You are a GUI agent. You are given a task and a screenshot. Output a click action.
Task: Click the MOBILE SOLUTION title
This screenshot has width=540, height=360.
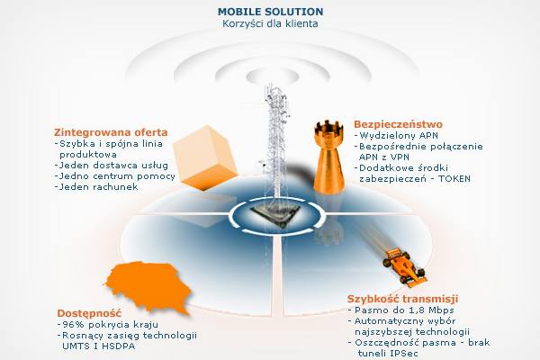270,12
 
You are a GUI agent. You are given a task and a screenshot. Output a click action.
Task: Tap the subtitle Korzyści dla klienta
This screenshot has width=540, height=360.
270,23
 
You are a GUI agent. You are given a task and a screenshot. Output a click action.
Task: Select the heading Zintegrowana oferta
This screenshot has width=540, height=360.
111,132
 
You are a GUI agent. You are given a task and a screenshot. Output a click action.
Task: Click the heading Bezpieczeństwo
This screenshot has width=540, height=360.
398,124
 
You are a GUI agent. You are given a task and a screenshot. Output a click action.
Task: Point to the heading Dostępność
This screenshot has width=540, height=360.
89,313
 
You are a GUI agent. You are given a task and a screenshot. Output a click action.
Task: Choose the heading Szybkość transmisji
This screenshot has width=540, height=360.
402,299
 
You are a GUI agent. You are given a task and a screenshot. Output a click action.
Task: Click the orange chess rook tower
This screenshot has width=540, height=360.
328,157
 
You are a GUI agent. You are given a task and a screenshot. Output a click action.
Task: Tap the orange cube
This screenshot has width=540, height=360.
204,157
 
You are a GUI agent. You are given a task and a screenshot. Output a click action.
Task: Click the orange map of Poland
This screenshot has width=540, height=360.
148,286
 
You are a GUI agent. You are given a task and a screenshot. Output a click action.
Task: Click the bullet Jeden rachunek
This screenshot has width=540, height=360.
96,187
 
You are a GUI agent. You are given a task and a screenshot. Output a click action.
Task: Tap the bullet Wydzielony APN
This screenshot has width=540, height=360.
396,136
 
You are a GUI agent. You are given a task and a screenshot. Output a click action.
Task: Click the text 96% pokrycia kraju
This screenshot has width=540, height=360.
108,325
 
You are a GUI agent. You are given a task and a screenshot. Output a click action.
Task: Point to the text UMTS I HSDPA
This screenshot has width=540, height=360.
99,346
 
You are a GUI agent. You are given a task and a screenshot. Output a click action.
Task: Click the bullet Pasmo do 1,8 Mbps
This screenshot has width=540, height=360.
401,310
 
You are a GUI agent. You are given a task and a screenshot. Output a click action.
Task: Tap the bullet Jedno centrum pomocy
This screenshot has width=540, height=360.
115,176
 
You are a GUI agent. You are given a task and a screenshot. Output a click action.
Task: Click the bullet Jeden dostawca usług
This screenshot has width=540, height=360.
112,166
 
